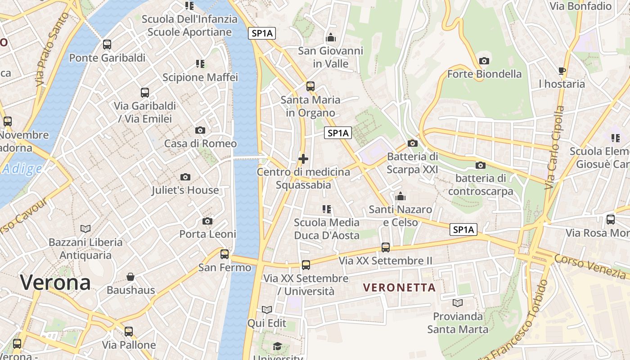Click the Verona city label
tap(55, 283)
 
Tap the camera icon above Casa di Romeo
tap(200, 130)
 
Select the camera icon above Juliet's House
tap(185, 177)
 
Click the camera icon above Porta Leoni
tap(207, 221)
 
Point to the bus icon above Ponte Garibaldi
tap(107, 45)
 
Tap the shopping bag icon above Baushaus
tap(130, 276)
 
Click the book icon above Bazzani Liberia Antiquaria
tap(85, 229)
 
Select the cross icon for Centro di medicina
tap(303, 159)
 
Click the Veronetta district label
tap(399, 288)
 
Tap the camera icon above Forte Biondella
tap(484, 61)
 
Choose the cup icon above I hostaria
tap(562, 71)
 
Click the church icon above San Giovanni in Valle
tap(331, 37)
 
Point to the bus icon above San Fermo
tap(225, 254)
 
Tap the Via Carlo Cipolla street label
tap(554, 148)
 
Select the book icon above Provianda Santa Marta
tap(458, 303)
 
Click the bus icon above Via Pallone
tap(129, 332)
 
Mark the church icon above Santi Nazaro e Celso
tap(400, 196)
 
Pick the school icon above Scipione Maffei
tap(200, 64)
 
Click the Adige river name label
tap(22, 169)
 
